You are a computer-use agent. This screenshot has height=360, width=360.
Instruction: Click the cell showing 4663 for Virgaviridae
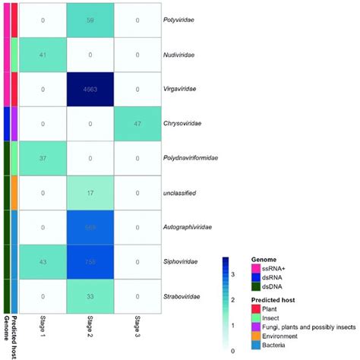click(x=90, y=87)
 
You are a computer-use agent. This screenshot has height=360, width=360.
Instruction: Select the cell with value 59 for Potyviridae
click(x=90, y=18)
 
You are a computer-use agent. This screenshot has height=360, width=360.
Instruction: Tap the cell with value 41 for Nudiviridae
click(x=43, y=53)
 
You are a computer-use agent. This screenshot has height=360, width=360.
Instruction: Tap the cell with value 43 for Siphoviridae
click(x=43, y=262)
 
